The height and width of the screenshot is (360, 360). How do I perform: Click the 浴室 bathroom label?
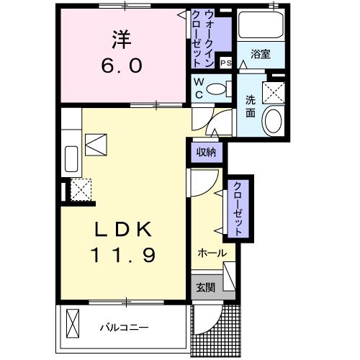click(x=260, y=53)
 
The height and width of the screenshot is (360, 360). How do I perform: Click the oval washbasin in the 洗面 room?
click(x=273, y=121)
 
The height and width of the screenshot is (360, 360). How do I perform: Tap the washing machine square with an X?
click(x=273, y=91)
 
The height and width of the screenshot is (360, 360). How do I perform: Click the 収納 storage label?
click(x=207, y=152)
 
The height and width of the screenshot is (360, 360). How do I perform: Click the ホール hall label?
click(x=212, y=253)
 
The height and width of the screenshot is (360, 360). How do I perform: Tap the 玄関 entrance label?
click(x=205, y=287)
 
